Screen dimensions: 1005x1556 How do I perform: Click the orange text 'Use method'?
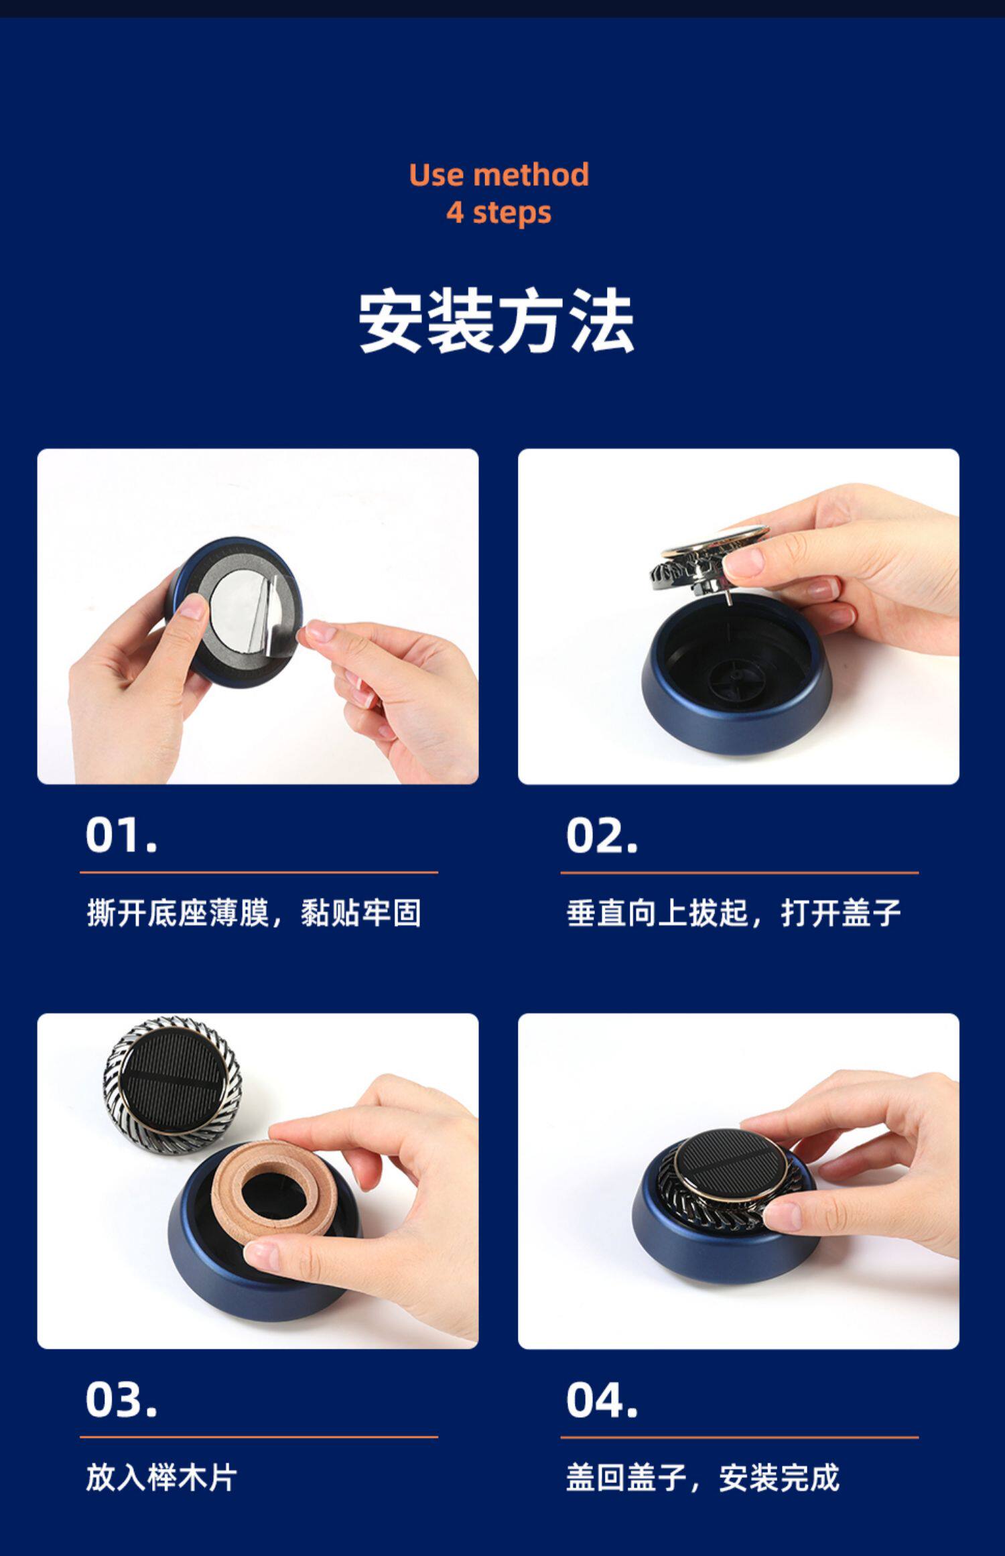coord(499,175)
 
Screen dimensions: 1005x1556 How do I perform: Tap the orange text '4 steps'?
coord(499,213)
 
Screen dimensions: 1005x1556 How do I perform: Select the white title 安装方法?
coord(496,320)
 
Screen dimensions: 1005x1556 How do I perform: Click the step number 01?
coord(121,836)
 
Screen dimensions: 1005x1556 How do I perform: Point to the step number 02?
coord(602,836)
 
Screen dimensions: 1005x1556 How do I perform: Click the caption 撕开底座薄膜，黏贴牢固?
coord(254,913)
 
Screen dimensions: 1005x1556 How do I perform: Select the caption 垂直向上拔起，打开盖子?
coord(734,913)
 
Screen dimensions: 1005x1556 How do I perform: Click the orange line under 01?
coord(259,872)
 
